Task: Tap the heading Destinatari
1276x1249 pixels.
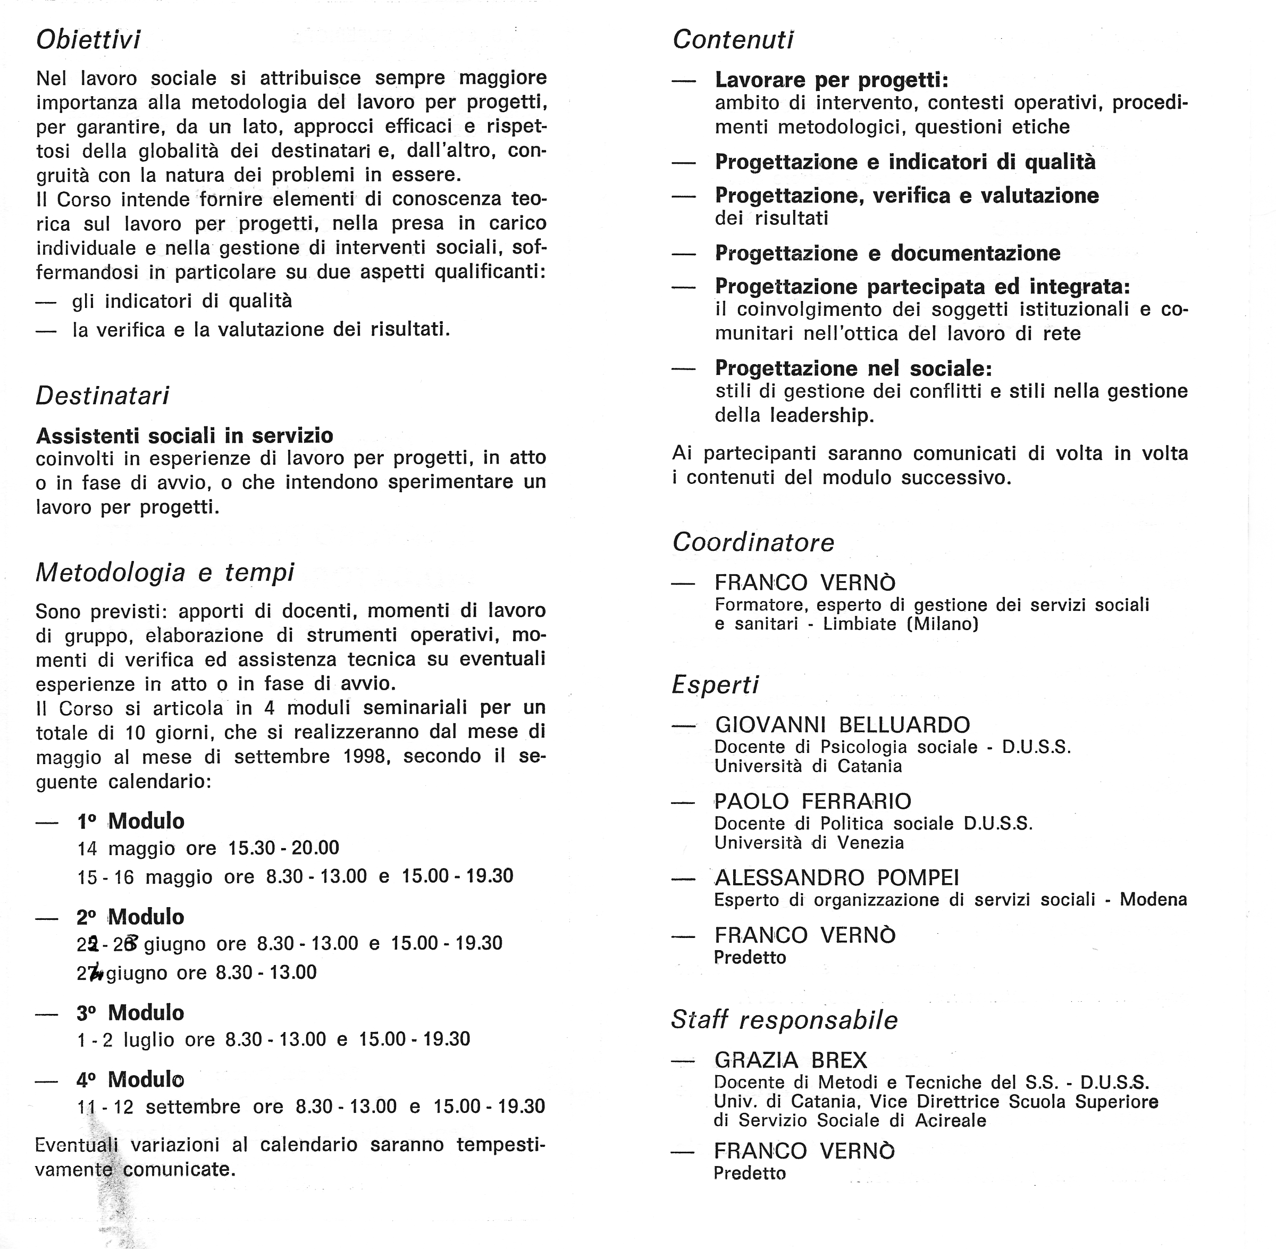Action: (x=102, y=396)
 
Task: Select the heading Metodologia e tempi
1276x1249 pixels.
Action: (x=165, y=573)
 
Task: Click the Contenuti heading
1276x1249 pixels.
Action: (x=733, y=40)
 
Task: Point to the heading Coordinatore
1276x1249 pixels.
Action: (x=753, y=542)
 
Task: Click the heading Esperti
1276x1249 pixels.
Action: (x=715, y=685)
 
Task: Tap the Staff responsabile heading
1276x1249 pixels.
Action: (x=784, y=1020)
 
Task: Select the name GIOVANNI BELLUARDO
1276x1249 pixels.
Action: (x=842, y=725)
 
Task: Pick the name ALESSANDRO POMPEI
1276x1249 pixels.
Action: (x=836, y=878)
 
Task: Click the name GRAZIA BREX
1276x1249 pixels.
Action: (x=791, y=1060)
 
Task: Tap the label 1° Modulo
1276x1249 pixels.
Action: (x=131, y=822)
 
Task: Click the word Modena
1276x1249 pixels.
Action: (x=1153, y=899)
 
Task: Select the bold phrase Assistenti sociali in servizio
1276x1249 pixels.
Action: (x=184, y=435)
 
